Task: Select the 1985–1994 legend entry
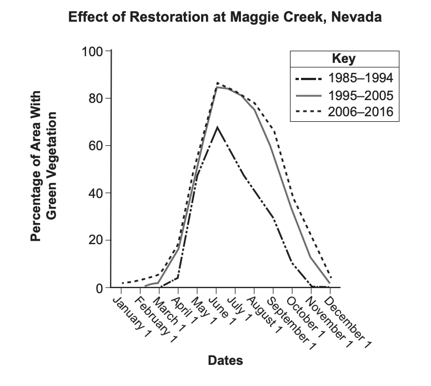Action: (344, 77)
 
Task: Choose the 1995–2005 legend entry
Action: (344, 95)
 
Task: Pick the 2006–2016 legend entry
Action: (344, 112)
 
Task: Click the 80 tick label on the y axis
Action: (96, 99)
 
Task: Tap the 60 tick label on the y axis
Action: (96, 146)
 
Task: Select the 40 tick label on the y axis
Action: (96, 194)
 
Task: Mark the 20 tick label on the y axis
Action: (96, 241)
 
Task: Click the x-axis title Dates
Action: (225, 360)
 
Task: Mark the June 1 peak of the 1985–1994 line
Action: (217, 127)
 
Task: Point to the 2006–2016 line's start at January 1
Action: (122, 283)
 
